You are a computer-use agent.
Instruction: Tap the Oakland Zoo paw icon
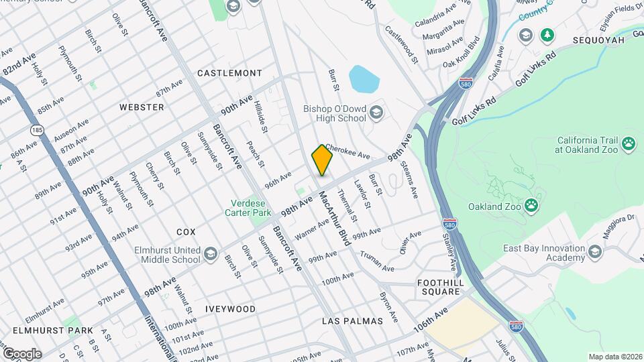(x=531, y=205)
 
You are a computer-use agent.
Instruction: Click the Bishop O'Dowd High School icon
(x=376, y=113)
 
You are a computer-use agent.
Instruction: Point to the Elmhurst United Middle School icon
(x=211, y=253)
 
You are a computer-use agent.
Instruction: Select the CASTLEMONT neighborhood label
(x=229, y=72)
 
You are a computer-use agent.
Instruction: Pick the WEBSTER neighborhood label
(x=142, y=107)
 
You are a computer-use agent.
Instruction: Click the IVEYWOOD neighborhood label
(x=231, y=309)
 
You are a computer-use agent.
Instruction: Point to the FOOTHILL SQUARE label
(x=440, y=287)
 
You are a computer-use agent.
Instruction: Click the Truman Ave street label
(x=377, y=261)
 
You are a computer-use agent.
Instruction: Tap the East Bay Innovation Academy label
(x=544, y=253)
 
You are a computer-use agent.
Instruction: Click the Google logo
(x=22, y=353)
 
